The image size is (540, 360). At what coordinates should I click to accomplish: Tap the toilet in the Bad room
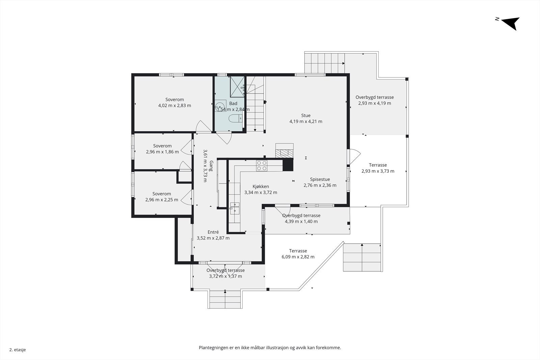(x=235, y=118)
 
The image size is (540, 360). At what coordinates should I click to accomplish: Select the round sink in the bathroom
(x=220, y=106)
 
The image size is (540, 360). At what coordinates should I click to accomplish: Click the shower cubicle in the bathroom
(x=237, y=87)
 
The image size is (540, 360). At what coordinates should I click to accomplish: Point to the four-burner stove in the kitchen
(x=262, y=165)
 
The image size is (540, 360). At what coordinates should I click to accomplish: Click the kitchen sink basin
(x=234, y=208)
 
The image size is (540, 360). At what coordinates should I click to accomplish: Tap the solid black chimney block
(x=288, y=165)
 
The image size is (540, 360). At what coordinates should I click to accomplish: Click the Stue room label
(x=306, y=115)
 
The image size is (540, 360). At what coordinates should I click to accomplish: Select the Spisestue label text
(x=320, y=179)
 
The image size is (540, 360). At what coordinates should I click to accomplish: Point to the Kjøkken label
(x=261, y=187)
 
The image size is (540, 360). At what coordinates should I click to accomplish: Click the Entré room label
(x=213, y=232)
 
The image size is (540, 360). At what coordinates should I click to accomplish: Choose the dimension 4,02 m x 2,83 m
(x=174, y=106)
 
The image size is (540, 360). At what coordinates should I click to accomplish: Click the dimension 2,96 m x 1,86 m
(x=162, y=152)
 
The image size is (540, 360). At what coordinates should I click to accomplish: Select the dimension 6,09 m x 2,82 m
(x=298, y=257)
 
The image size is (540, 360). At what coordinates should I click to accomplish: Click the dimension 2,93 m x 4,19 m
(x=374, y=103)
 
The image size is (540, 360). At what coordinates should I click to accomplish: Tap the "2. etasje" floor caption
(x=18, y=350)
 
